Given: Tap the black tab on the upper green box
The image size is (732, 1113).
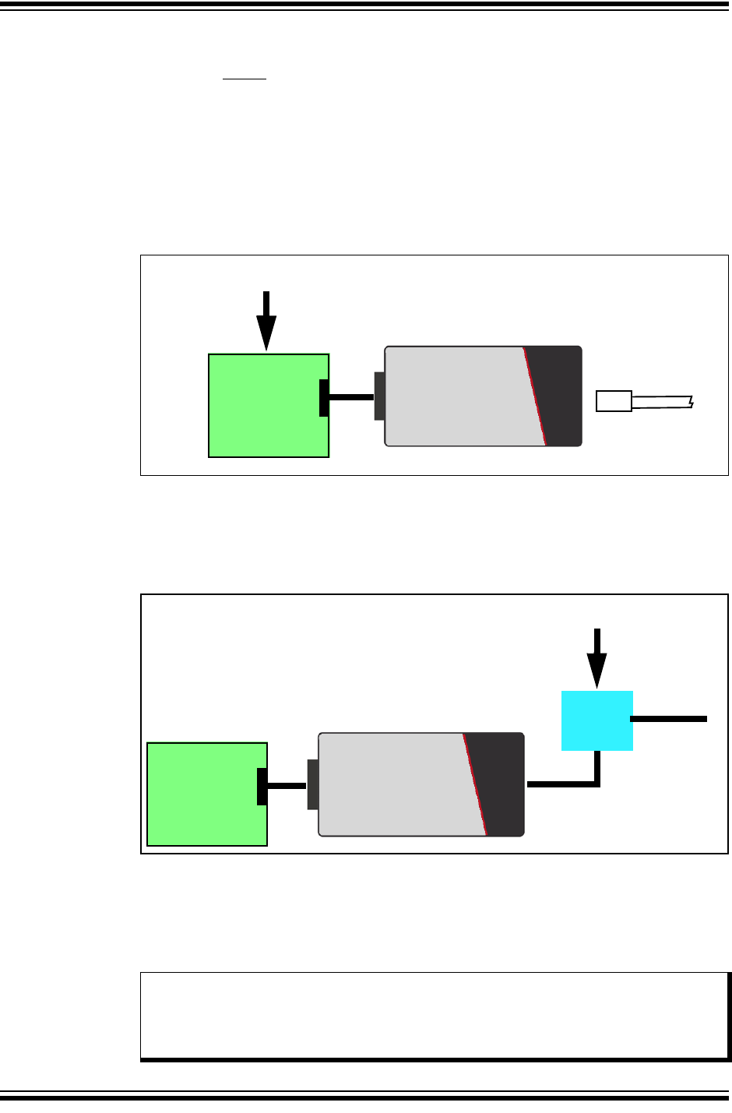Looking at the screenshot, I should point(324,397).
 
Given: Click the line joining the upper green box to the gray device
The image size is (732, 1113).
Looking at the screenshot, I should point(351,397).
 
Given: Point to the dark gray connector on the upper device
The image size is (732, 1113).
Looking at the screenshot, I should point(379,396).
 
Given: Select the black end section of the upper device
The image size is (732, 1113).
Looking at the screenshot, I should point(562,396).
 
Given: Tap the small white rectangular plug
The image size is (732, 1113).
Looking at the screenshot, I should point(614,401).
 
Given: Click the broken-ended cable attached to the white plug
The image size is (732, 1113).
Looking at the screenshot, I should point(662,402).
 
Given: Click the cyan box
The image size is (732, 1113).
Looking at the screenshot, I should point(597,720).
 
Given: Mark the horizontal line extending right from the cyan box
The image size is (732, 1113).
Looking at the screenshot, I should point(670,719).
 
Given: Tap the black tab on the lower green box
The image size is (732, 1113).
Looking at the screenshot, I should point(262,786).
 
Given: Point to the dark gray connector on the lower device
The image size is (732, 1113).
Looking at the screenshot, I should point(312,784).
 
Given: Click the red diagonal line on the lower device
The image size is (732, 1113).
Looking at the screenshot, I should point(475,784).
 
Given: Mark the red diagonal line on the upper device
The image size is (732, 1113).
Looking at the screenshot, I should point(535,396).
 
